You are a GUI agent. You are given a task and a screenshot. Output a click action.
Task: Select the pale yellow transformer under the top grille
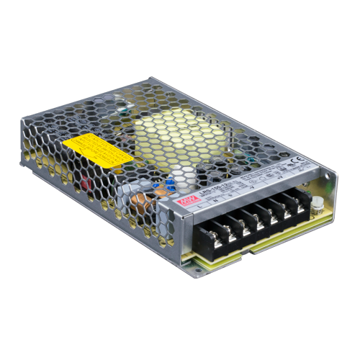[x=173, y=133]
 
